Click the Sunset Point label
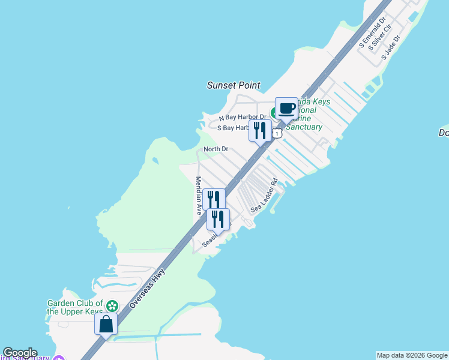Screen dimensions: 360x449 (x=232, y=85)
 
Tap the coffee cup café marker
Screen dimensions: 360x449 (x=286, y=109)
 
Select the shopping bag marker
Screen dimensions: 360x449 (x=106, y=324)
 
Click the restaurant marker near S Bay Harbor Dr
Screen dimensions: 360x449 (x=260, y=130)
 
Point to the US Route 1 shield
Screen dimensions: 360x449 (x=277, y=133)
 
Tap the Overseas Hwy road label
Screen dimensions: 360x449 (x=146, y=289)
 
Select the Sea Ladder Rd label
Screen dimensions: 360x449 (x=265, y=196)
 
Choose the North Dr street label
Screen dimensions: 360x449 (x=216, y=149)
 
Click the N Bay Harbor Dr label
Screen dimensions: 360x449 (x=243, y=117)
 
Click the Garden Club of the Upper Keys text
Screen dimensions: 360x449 (x=76, y=307)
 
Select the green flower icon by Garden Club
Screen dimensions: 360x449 (x=111, y=307)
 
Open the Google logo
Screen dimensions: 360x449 (x=20, y=353)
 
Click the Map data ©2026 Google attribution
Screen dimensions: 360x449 (x=412, y=355)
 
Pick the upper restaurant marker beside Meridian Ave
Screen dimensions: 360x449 (x=214, y=199)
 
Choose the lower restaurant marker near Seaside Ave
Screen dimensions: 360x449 (x=218, y=219)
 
